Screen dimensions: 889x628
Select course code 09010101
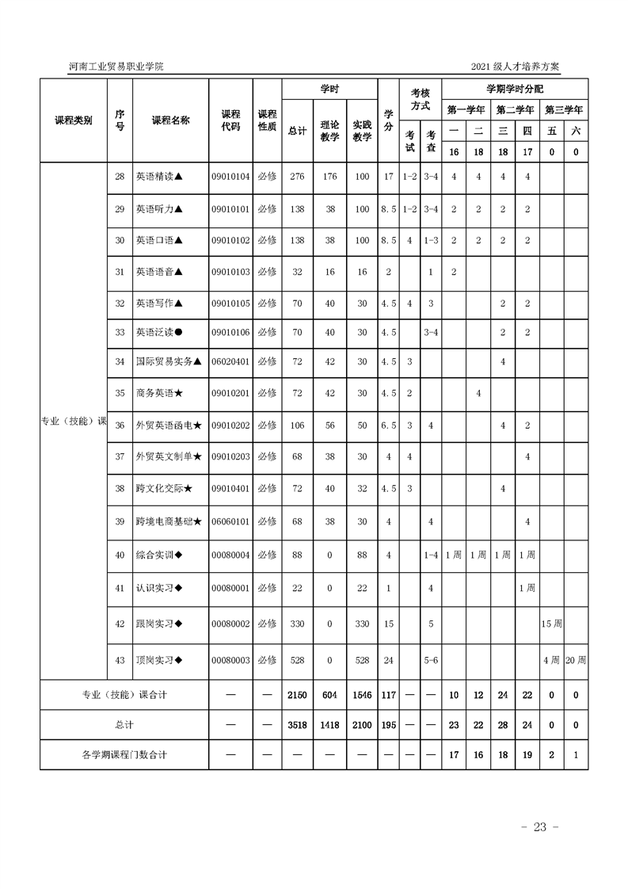click(230, 209)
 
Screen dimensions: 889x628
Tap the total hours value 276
click(298, 177)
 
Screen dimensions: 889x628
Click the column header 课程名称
click(170, 120)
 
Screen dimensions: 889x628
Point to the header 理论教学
click(329, 131)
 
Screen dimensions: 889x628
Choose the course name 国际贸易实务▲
click(169, 361)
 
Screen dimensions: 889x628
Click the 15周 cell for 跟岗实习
click(552, 624)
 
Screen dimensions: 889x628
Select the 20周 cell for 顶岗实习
click(576, 660)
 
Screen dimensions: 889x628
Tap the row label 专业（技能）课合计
click(124, 695)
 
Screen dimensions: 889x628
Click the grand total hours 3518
click(298, 725)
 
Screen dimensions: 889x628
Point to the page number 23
click(540, 827)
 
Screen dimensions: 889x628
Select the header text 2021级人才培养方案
click(515, 67)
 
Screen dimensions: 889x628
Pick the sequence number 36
click(120, 425)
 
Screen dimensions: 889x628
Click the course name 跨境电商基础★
click(169, 521)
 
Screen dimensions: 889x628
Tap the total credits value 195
click(388, 725)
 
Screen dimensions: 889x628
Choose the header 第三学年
click(564, 109)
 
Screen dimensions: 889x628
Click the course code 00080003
click(230, 660)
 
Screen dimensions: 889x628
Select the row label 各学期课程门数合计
click(124, 754)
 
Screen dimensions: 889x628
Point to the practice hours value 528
click(362, 660)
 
